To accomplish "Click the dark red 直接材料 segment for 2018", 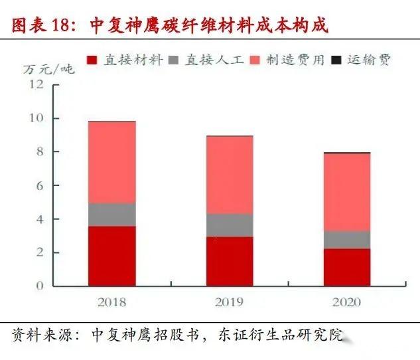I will (111, 256).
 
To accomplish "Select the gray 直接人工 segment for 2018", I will (111, 215).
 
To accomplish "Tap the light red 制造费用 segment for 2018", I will (111, 162).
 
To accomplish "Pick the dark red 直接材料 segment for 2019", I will (229, 262).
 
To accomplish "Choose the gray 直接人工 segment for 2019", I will (229, 225).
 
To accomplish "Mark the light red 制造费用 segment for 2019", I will (229, 175).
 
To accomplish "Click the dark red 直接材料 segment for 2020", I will (346, 267).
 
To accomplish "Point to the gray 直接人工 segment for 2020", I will (346, 240).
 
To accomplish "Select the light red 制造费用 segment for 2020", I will (346, 192).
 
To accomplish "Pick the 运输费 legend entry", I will (362, 60).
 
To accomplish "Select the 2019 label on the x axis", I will (229, 303).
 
